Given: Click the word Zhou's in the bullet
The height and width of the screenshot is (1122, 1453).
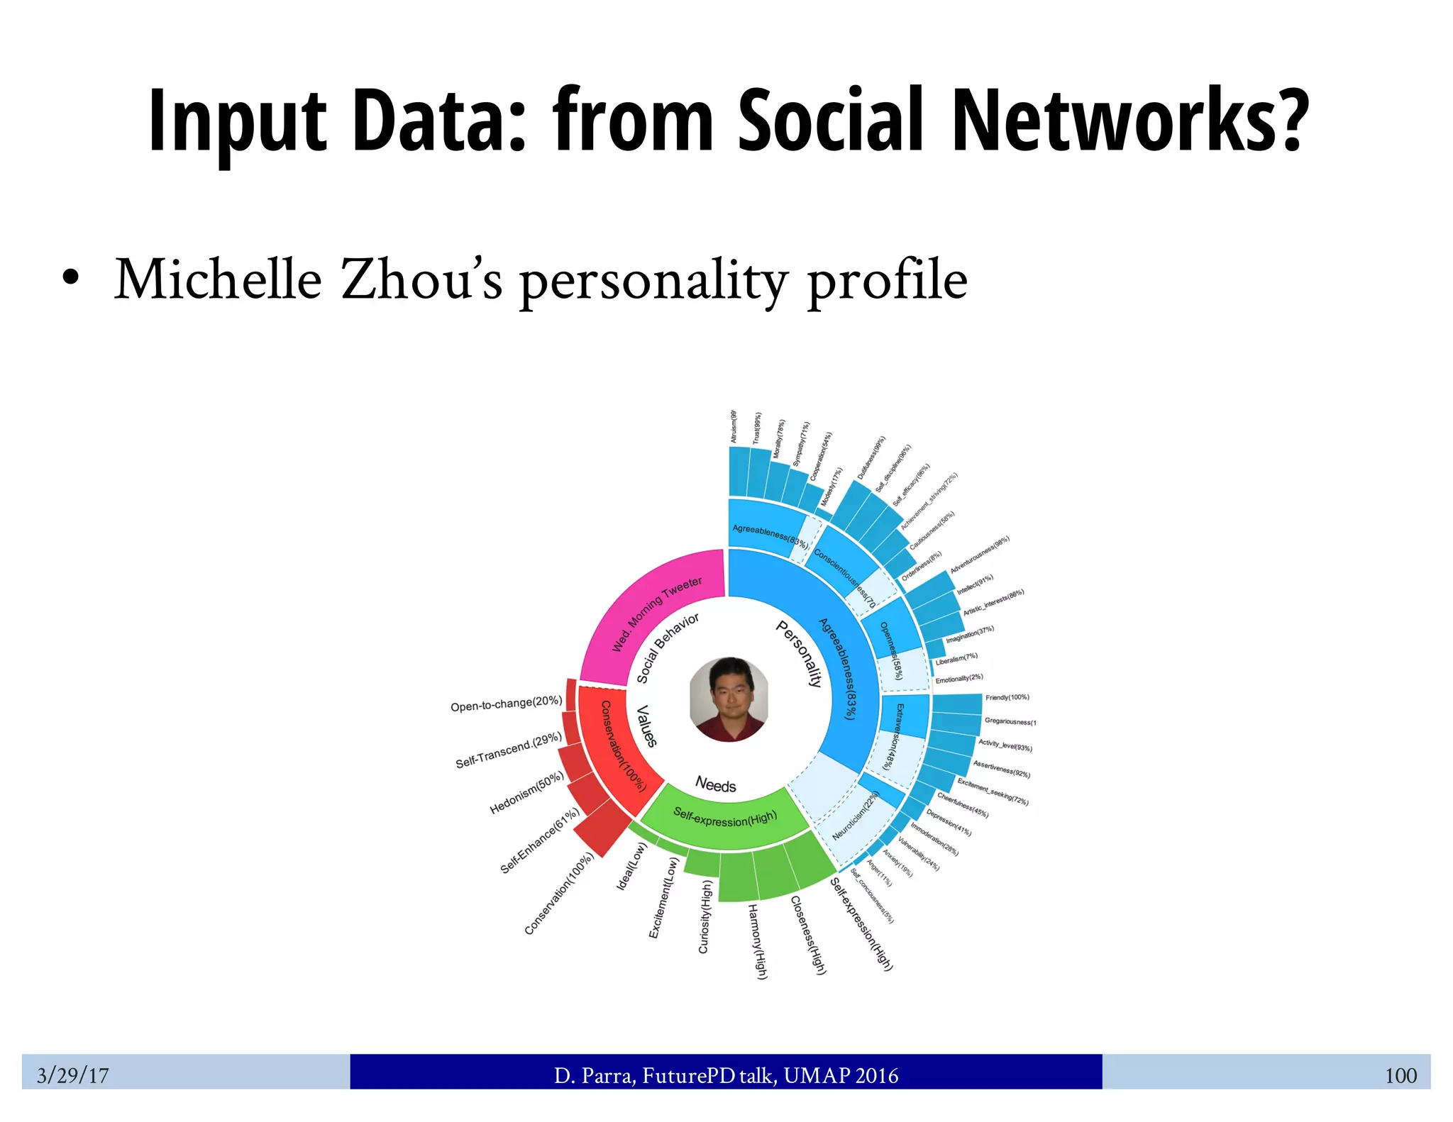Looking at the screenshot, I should [421, 280].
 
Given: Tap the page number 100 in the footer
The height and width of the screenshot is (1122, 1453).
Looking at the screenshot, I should [1400, 1075].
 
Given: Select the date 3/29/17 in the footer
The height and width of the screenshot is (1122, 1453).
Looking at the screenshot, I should [73, 1075].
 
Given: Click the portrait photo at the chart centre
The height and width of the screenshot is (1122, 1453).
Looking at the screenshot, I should [729, 699].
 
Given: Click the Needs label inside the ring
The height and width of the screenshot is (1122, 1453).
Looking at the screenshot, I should [715, 784].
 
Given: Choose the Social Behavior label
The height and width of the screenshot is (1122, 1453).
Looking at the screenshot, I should [668, 647].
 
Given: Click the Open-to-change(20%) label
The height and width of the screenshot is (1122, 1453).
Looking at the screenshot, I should [506, 704].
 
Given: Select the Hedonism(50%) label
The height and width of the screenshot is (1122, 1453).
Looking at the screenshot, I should [527, 793].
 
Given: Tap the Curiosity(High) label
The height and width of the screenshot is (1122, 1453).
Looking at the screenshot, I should [705, 916].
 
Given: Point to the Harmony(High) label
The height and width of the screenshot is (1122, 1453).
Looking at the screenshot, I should [758, 941].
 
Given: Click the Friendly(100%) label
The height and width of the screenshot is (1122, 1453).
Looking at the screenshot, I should [1007, 697].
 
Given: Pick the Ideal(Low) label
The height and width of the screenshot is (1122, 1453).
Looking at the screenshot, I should [631, 865].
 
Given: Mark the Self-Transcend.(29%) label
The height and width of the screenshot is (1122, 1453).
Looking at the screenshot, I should [508, 750].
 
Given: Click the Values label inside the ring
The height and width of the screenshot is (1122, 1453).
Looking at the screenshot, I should [646, 726].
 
